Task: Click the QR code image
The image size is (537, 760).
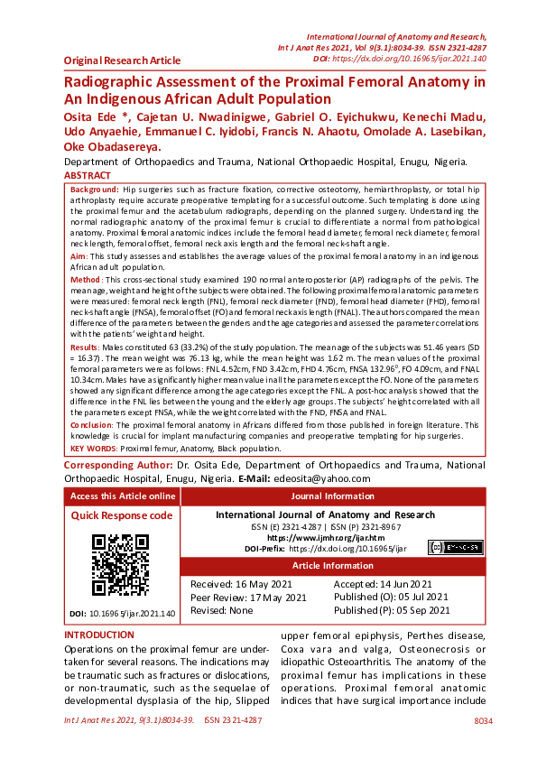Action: tap(120, 565)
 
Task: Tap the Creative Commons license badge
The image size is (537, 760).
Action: tap(455, 547)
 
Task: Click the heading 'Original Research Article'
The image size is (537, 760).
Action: tap(122, 60)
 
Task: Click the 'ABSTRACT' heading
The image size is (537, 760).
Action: tap(88, 175)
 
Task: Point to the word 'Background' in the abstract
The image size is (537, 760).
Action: tap(95, 190)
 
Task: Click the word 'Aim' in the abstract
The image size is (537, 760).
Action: tap(79, 257)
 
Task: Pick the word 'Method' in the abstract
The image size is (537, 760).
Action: tap(86, 282)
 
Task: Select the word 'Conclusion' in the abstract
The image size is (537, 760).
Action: tap(92, 423)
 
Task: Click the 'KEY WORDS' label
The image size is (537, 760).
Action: tap(93, 448)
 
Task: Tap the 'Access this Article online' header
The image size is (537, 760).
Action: tap(123, 496)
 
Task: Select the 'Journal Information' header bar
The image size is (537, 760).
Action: tap(332, 496)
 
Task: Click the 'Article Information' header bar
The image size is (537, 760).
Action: tap(332, 566)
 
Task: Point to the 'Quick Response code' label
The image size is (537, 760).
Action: tap(121, 515)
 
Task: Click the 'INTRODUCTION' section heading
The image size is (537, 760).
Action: tap(99, 635)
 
